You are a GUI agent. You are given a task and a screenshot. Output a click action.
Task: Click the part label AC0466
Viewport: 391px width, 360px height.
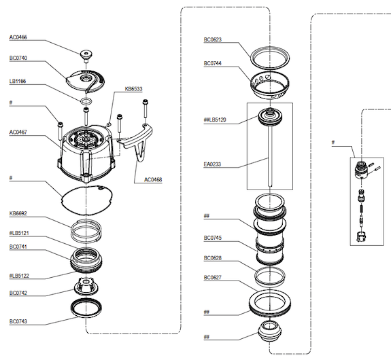(18, 37)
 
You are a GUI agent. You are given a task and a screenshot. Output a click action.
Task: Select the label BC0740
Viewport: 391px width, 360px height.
(18, 58)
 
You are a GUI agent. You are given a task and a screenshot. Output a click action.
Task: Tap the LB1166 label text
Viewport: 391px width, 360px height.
(18, 82)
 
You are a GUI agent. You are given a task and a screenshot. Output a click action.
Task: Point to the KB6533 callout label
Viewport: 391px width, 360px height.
(133, 89)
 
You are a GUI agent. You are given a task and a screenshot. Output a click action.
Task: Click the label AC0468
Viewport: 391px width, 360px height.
(153, 179)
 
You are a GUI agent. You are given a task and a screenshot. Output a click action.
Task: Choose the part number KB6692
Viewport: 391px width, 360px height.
(18, 213)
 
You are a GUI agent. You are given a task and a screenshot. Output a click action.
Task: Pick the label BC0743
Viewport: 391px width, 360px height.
(18, 322)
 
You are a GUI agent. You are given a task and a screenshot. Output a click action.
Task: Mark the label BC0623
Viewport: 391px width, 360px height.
(212, 39)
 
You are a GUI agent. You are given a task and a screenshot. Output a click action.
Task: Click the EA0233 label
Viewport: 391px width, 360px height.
(212, 164)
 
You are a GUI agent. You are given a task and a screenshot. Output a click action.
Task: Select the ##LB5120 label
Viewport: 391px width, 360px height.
(215, 120)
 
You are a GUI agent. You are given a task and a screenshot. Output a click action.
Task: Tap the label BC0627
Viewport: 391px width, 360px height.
(212, 278)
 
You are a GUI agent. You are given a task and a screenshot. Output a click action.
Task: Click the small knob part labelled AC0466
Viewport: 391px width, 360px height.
(86, 56)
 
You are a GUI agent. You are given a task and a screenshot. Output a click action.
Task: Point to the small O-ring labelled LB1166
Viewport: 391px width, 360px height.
(86, 101)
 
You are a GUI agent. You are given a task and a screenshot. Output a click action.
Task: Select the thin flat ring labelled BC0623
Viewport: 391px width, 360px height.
(250, 57)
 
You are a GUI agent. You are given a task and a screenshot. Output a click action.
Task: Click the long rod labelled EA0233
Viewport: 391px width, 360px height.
(270, 156)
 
